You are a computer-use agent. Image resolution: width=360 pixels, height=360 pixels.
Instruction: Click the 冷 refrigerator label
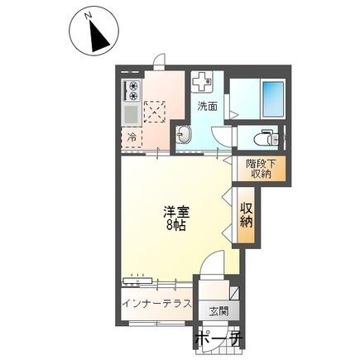[131, 137]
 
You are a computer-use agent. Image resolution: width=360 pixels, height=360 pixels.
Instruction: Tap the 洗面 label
[207, 106]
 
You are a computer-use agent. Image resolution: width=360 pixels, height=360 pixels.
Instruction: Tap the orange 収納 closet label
[247, 214]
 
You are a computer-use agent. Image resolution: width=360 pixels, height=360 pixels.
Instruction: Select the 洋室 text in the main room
[173, 211]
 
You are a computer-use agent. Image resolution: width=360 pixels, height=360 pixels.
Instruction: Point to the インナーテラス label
[157, 304]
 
